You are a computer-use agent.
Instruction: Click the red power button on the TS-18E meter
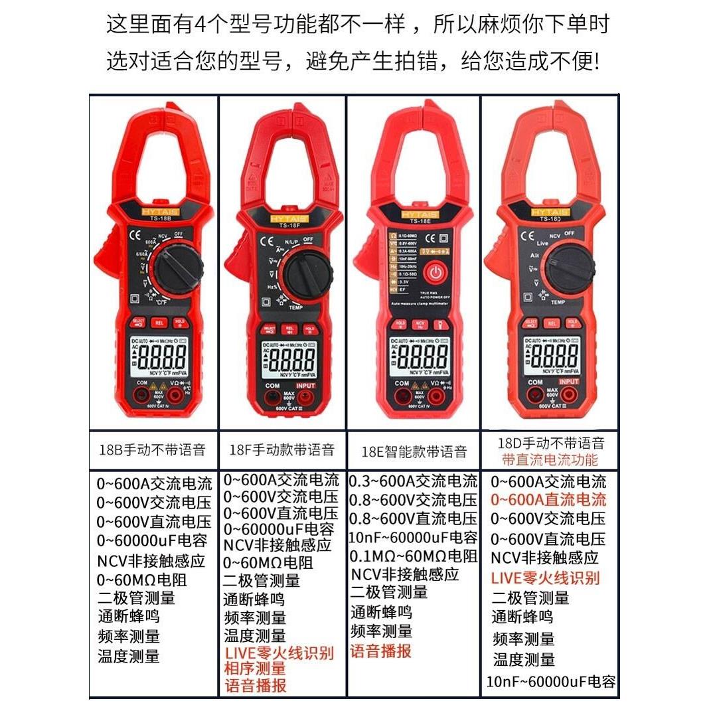click(434, 272)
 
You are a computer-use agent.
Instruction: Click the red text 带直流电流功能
click(550, 460)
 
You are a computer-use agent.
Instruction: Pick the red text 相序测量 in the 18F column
click(255, 669)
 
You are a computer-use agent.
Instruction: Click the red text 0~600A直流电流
click(548, 500)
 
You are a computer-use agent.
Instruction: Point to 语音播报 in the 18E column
click(381, 651)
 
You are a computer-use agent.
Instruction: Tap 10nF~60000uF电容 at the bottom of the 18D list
click(551, 682)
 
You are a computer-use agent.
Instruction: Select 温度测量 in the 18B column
click(129, 657)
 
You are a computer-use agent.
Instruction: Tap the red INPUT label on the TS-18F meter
click(306, 386)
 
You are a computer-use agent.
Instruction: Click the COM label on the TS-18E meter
click(402, 384)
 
